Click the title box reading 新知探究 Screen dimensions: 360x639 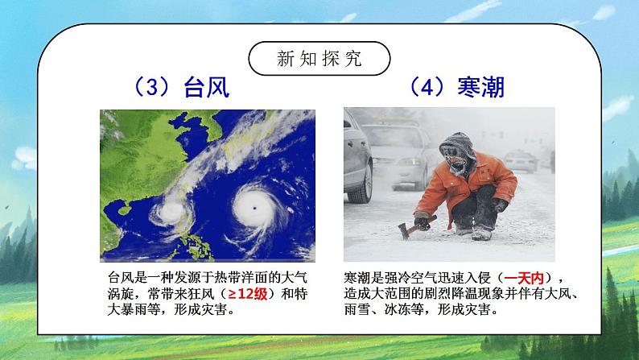coord(319,59)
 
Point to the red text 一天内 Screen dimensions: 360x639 coord(526,278)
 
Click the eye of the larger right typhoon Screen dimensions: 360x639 coord(254,208)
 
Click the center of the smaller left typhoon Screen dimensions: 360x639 coord(170,213)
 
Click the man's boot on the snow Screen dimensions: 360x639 coord(481,234)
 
